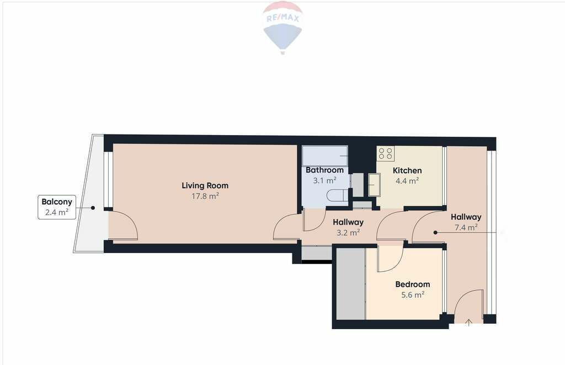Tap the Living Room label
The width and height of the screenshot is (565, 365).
point(205,186)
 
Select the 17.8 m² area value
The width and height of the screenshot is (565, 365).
point(205,196)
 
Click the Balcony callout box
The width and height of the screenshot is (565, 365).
point(57,207)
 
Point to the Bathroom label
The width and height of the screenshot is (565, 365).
point(324,170)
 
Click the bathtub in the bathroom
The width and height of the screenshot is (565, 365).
point(324,156)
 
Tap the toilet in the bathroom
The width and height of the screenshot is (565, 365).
point(337,196)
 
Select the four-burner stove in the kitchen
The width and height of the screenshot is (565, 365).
point(385,153)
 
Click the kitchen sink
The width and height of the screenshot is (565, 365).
point(375,185)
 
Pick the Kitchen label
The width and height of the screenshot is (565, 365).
point(407,170)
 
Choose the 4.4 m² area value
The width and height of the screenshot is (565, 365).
point(407,181)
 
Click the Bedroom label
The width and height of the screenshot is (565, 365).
point(413,285)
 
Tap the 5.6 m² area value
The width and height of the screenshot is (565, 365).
point(413,295)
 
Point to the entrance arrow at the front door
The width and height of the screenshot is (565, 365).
point(468,323)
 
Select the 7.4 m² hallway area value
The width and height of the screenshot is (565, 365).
point(466,227)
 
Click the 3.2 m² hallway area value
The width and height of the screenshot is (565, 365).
point(348,233)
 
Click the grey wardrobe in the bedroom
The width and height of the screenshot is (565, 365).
point(351,283)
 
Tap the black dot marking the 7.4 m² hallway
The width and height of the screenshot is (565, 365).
point(435,233)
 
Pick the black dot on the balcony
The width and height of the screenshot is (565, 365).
point(93,208)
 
